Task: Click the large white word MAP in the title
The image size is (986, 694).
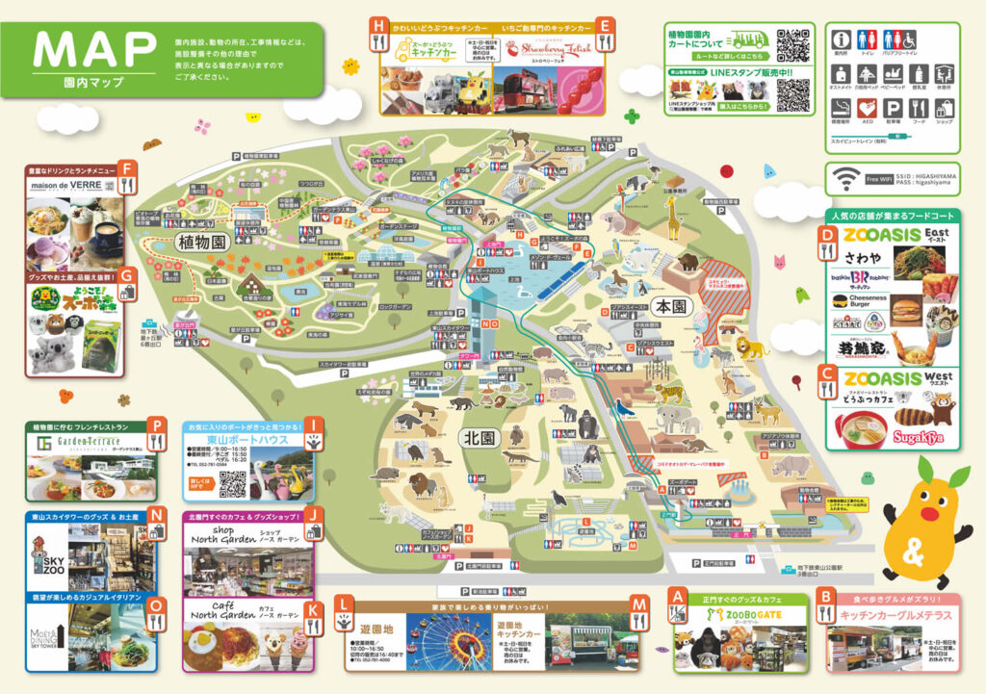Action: click(x=94, y=46)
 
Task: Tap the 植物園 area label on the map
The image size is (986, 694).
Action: click(x=200, y=242)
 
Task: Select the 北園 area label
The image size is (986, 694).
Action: click(x=478, y=437)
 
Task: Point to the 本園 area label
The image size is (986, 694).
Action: click(x=668, y=306)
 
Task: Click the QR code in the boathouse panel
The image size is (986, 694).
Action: click(x=232, y=484)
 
